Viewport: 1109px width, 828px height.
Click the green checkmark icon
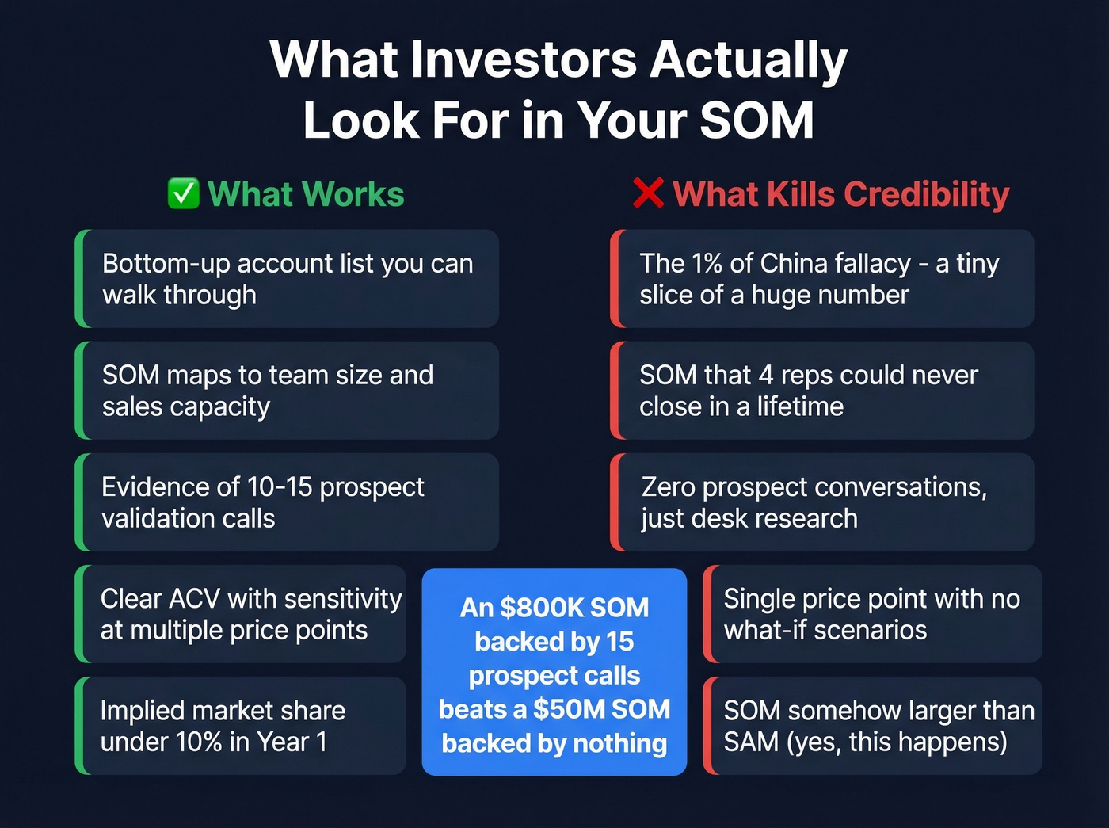click(183, 194)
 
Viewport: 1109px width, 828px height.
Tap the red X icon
click(648, 194)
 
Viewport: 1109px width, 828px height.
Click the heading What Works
click(306, 194)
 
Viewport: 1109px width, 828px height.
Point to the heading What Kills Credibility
click(840, 194)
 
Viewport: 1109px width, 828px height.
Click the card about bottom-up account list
click(287, 279)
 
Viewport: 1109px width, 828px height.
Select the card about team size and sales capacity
click(287, 391)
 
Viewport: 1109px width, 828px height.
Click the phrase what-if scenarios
click(825, 631)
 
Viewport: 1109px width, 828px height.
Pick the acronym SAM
click(752, 742)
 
